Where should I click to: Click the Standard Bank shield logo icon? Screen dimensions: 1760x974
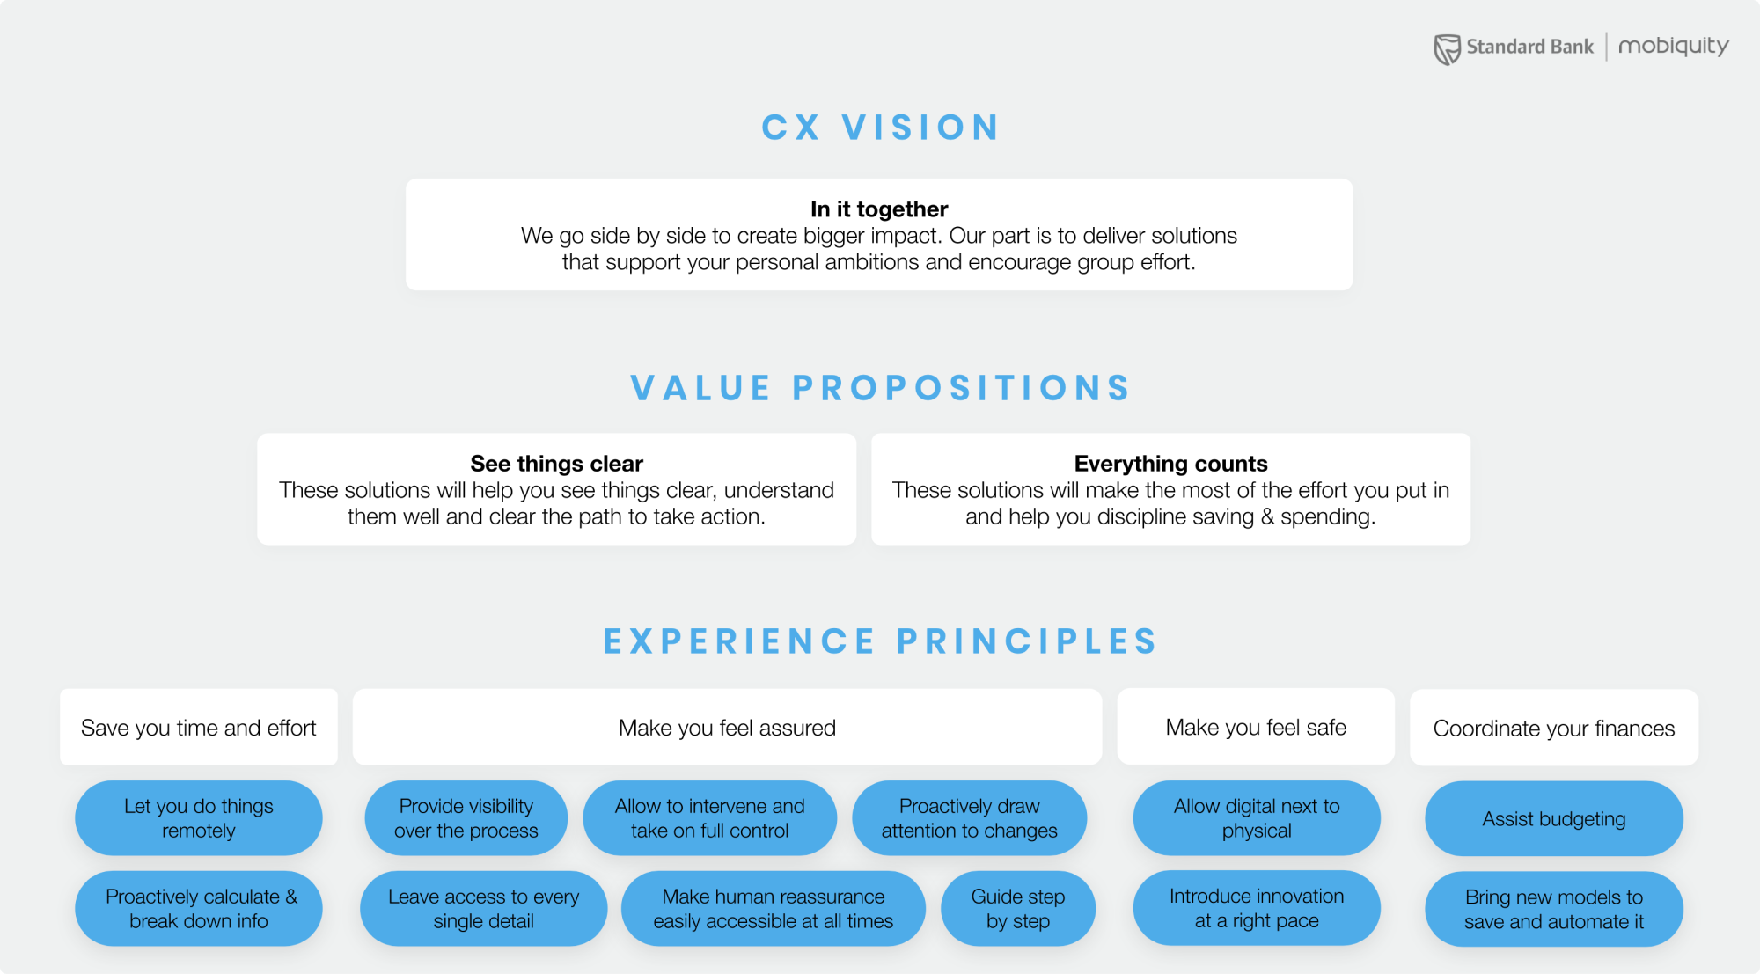[1447, 49]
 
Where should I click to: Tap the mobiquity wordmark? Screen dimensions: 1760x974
[1673, 46]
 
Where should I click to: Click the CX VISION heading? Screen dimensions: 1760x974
[880, 128]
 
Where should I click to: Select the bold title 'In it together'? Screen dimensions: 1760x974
[879, 209]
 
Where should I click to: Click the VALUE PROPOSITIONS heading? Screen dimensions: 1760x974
[880, 388]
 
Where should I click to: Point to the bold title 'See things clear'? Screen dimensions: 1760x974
[556, 464]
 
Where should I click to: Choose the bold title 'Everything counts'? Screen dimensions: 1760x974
[1170, 464]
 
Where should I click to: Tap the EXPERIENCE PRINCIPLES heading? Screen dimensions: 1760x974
[880, 641]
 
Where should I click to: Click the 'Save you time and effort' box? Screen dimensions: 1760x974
[199, 728]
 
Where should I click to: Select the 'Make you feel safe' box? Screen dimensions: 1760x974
[1256, 728]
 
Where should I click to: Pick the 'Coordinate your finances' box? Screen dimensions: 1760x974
[1554, 729]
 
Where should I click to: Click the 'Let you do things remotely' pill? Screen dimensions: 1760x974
[199, 818]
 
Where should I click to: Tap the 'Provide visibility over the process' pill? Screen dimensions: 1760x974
[466, 818]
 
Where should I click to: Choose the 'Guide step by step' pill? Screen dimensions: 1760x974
[1018, 909]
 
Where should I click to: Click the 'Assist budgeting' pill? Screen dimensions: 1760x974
[1554, 819]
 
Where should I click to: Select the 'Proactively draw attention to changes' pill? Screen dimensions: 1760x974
[969, 818]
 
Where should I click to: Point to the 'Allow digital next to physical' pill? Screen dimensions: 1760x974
[1257, 818]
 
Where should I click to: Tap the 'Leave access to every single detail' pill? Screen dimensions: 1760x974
[483, 909]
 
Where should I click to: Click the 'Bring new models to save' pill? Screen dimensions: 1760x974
[1554, 910]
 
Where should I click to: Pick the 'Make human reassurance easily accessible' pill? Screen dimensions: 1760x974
[773, 909]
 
